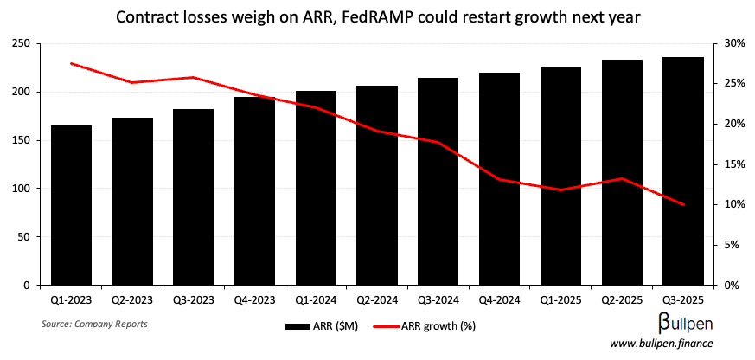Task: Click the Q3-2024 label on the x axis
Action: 438,300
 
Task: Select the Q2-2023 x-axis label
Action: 132,300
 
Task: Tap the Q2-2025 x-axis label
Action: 622,300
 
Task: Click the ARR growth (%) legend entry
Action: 424,326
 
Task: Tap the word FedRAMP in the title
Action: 372,17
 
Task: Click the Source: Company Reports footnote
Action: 94,324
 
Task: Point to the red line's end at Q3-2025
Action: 682,205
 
